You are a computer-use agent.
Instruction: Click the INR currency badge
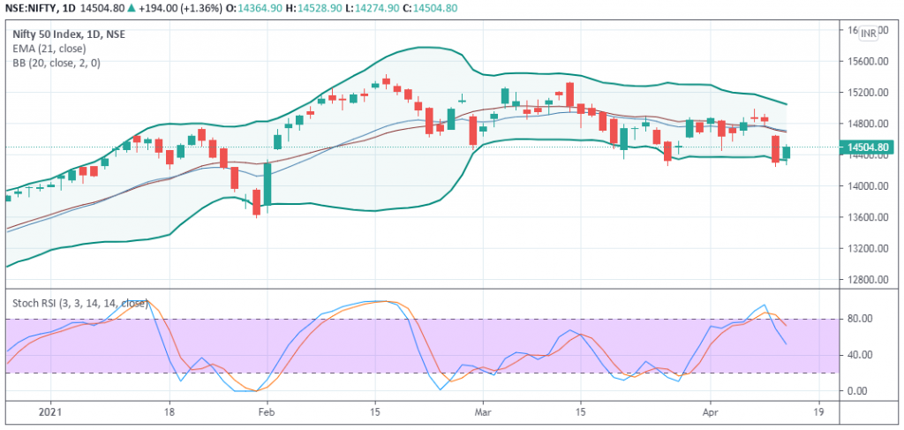tap(869, 34)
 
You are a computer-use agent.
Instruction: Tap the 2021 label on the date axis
tap(50, 413)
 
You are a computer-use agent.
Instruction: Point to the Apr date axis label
tap(711, 413)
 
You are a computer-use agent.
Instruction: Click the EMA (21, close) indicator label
tap(49, 49)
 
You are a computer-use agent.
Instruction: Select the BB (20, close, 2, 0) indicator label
tap(56, 63)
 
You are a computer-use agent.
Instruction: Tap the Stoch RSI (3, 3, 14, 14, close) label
tap(79, 303)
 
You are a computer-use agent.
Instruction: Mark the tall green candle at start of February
tap(267, 184)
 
